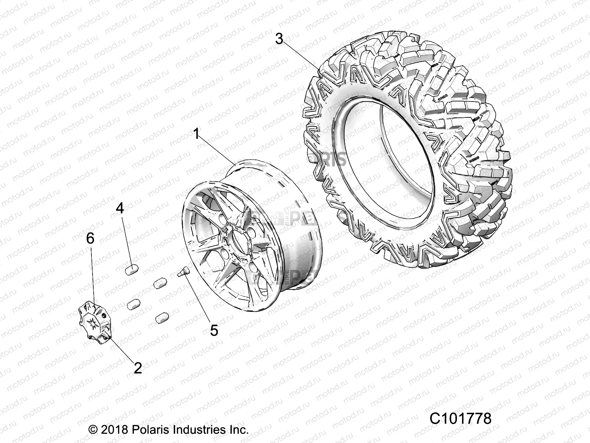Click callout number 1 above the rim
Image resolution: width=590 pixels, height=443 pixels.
[x=197, y=134]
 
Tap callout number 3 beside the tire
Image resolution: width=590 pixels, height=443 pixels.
[x=279, y=38]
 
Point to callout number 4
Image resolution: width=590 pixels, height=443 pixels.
[x=120, y=208]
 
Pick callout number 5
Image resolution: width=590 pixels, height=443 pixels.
[x=214, y=330]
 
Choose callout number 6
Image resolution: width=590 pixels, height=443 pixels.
[x=90, y=238]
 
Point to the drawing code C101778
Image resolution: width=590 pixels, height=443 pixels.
[x=460, y=419]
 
